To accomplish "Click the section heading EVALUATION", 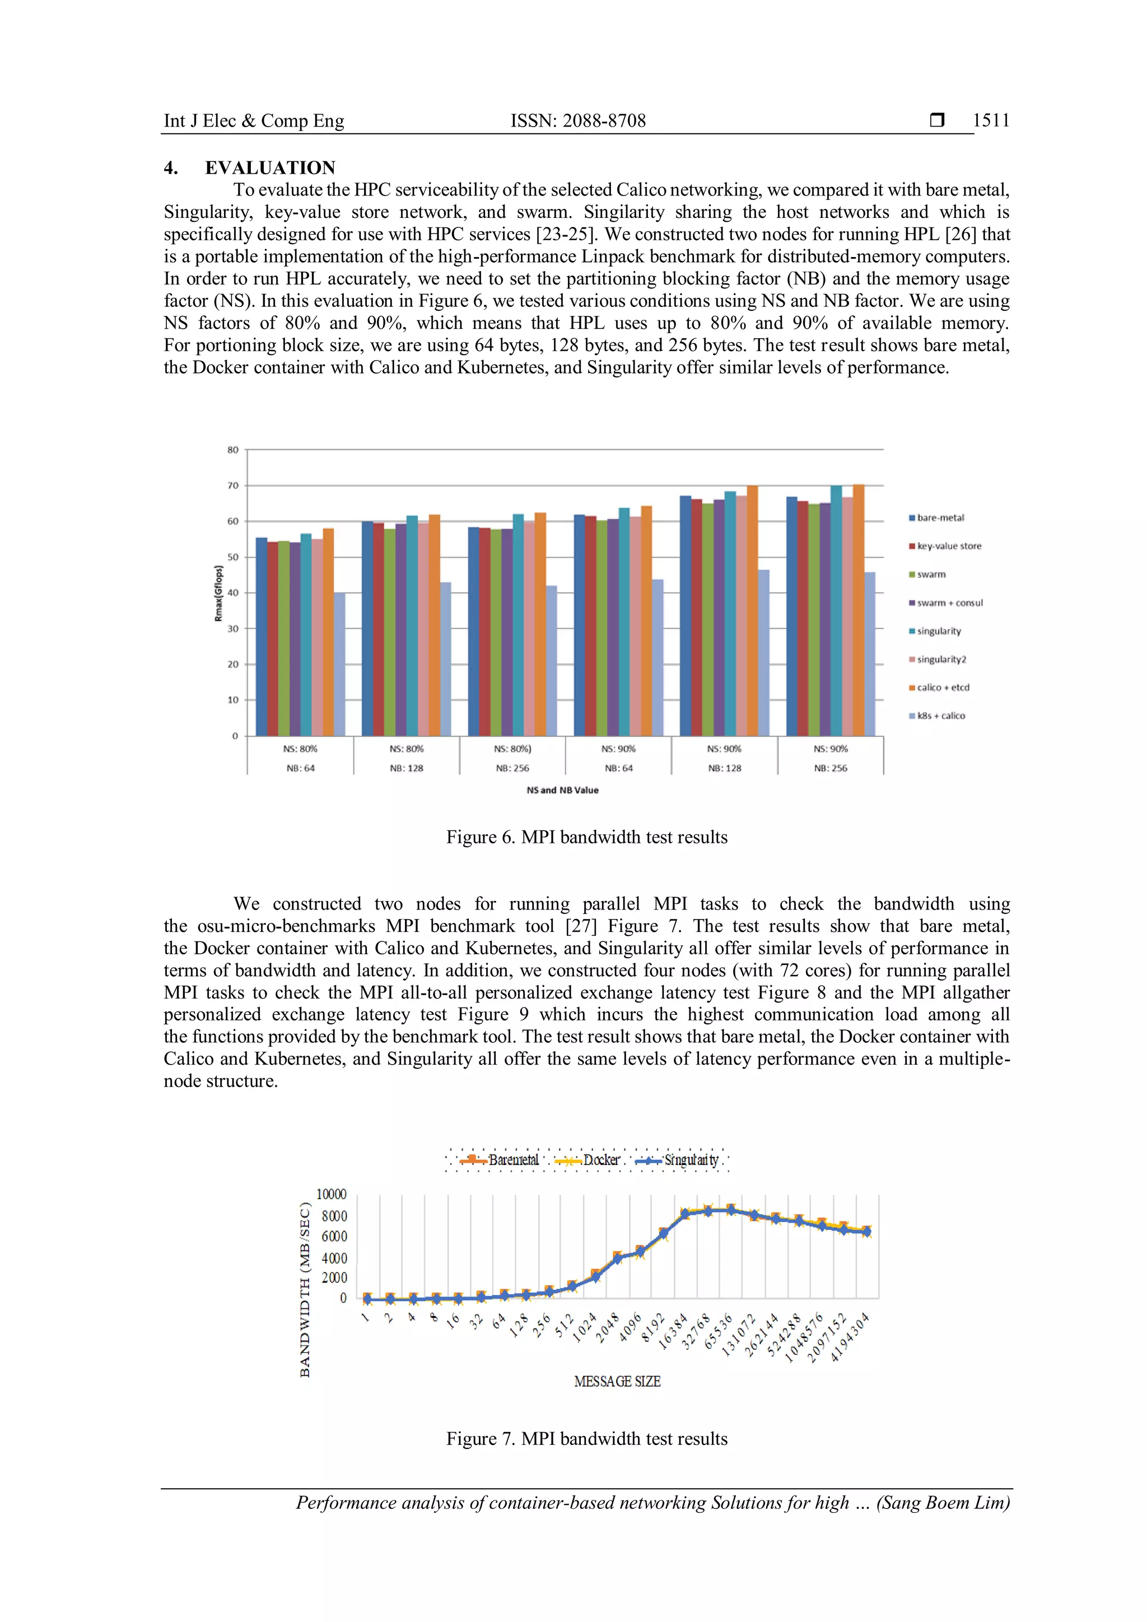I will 270,167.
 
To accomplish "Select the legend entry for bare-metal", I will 939,518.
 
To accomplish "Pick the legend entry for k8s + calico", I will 940,716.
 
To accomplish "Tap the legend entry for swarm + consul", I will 949,603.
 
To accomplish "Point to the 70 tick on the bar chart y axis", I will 233,486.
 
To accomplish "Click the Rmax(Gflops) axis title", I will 218,593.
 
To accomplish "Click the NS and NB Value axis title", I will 562,790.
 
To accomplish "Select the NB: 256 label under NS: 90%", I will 830,768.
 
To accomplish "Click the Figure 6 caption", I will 586,837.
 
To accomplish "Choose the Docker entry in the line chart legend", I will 600,1160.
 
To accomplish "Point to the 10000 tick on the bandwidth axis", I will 331,1195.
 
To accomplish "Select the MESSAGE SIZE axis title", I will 617,1381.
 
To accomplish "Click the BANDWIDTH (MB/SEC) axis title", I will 305,1290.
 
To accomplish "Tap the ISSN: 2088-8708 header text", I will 578,121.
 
